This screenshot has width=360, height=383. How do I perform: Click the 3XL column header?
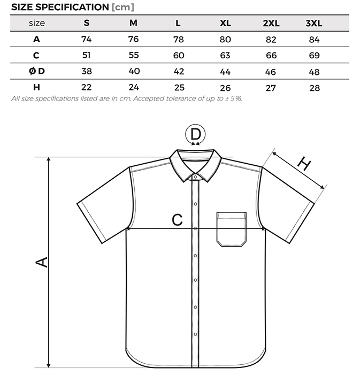314,23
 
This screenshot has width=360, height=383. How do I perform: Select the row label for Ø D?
37,71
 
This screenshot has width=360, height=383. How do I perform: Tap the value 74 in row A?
87,39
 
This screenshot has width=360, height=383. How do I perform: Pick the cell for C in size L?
179,56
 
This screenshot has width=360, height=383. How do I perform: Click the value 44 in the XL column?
225,72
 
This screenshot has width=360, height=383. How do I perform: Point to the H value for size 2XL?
271,88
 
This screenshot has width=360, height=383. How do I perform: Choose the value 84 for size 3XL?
314,40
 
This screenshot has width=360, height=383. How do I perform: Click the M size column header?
133,23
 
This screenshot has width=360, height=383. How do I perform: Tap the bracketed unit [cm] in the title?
123,7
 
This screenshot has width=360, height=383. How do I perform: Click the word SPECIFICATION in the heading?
72,7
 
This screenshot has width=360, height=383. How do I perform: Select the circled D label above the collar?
195,134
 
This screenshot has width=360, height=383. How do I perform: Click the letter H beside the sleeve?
304,164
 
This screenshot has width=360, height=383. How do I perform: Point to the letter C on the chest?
177,220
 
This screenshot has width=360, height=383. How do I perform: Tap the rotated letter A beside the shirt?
42,262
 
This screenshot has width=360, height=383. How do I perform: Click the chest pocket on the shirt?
231,229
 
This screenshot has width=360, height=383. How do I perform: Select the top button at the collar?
195,177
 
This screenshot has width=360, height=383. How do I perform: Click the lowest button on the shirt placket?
195,334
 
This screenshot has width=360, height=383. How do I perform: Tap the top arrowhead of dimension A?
49,159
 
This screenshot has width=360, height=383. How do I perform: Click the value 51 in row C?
86,55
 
